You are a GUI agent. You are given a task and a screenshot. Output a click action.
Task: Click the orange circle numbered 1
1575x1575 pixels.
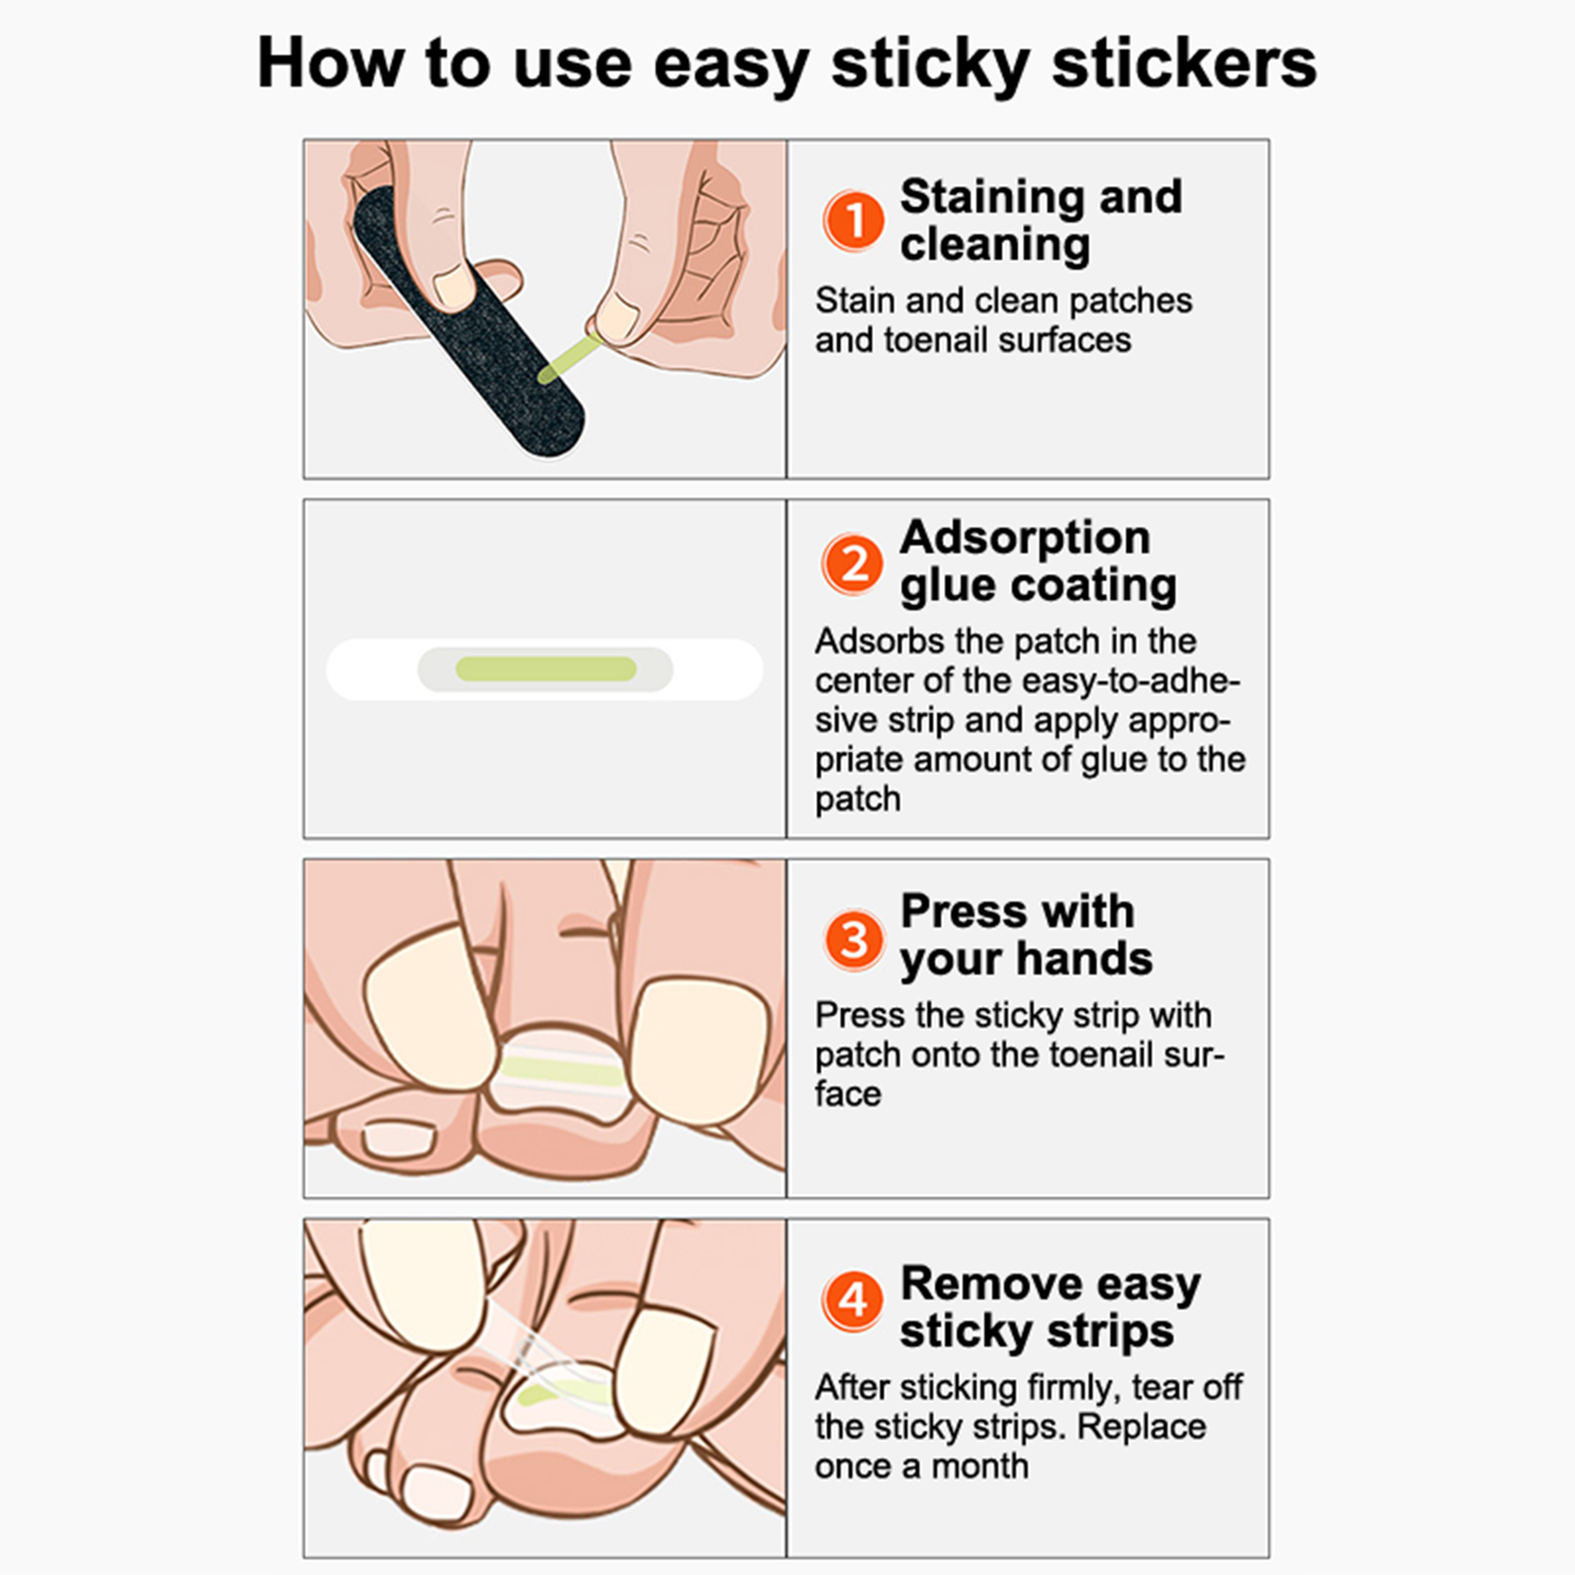(853, 220)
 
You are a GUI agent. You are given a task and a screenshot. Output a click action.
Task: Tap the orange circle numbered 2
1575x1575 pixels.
(853, 564)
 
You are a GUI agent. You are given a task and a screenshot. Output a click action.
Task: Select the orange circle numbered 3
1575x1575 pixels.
(853, 938)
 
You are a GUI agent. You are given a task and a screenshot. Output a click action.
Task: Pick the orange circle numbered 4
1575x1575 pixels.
(853, 1300)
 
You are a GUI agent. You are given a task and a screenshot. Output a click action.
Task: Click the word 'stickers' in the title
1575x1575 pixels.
(1184, 64)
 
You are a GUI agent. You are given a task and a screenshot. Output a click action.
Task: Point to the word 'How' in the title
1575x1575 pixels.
(331, 64)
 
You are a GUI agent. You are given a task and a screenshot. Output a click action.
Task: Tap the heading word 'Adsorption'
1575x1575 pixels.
(1025, 537)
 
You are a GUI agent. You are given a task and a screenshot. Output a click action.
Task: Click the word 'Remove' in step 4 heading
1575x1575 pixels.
(990, 1283)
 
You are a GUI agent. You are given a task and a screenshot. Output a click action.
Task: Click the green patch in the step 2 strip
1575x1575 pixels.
(546, 669)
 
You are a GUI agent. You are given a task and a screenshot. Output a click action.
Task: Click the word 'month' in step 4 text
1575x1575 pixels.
(980, 1466)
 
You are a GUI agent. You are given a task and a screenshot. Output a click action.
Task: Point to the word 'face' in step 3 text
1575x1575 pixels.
(848, 1094)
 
